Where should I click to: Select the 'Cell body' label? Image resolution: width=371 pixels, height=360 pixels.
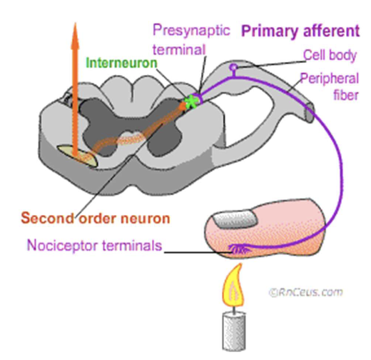326,54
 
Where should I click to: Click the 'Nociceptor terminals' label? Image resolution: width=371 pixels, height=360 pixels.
94,246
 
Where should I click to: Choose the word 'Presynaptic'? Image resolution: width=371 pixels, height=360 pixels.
191,31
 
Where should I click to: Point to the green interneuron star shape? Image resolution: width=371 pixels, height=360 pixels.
190,102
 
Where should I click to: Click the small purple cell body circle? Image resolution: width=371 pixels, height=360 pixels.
233,68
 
